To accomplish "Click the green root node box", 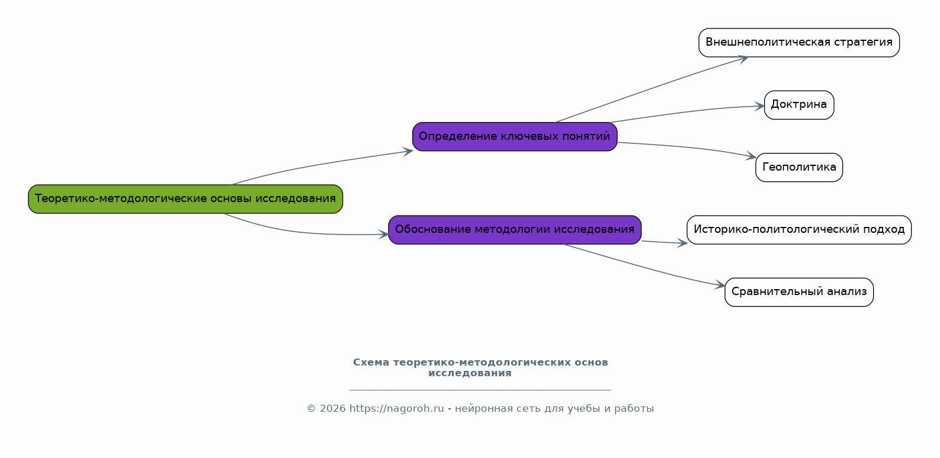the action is [x=185, y=199].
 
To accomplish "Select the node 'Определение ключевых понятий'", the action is [x=515, y=136].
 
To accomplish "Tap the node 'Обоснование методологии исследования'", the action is [x=515, y=230].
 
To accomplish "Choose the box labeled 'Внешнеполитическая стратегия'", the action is [x=798, y=43].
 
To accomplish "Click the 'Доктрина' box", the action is [x=798, y=105].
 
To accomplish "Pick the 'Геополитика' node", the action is [x=798, y=168].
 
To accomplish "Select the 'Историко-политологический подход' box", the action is [x=798, y=230].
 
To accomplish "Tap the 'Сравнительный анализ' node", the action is [x=798, y=292].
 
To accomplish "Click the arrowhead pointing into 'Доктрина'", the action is [x=759, y=106].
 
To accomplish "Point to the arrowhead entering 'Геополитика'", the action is [x=750, y=156].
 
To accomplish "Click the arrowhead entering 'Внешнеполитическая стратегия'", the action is [x=743, y=58].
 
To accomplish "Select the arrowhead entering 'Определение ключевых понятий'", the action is [x=408, y=151].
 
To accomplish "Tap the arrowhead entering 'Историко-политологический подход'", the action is [x=682, y=243].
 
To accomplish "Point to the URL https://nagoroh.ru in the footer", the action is [x=397, y=408].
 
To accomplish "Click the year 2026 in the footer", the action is [x=333, y=408].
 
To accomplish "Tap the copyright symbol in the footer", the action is [x=311, y=408].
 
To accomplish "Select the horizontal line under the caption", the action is [x=480, y=390].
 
